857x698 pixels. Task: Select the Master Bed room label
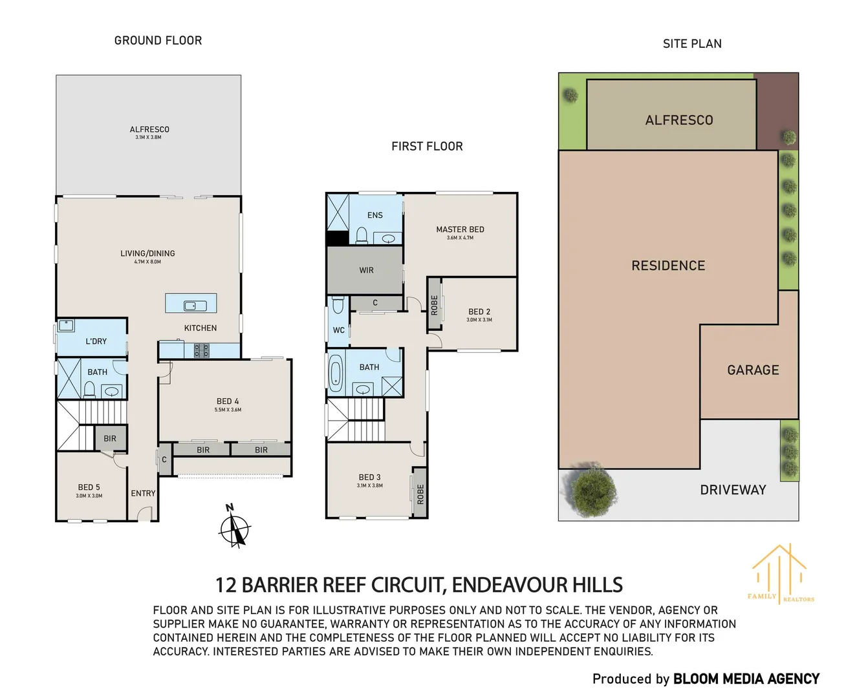(x=460, y=229)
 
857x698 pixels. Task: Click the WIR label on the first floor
(x=366, y=270)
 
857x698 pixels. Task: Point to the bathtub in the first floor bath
(x=335, y=374)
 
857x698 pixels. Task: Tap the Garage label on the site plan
(x=753, y=370)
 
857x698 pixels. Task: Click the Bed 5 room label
(x=89, y=487)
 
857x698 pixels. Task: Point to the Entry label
(x=143, y=493)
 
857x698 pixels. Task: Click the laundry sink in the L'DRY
(x=67, y=326)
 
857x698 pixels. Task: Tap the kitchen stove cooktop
(x=202, y=351)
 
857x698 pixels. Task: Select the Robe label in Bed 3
(x=420, y=494)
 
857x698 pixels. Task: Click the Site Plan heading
(x=692, y=44)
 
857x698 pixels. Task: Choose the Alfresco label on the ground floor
(x=149, y=129)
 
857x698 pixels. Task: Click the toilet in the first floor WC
(x=338, y=304)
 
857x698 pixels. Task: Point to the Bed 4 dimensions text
(x=228, y=410)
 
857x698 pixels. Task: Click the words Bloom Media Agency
(x=746, y=679)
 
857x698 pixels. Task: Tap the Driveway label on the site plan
(x=733, y=490)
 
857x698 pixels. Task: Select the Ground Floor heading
(x=158, y=41)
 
